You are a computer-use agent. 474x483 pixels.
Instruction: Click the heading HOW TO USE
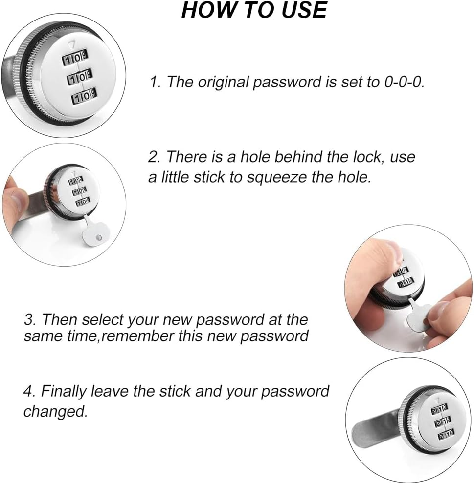tap(254, 10)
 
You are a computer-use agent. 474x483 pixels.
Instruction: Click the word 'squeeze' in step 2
tap(276, 176)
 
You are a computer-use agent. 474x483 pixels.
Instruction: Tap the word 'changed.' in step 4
tap(55, 411)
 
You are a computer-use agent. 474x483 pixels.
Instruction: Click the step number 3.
tap(29, 320)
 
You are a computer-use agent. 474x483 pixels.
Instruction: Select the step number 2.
tap(154, 157)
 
